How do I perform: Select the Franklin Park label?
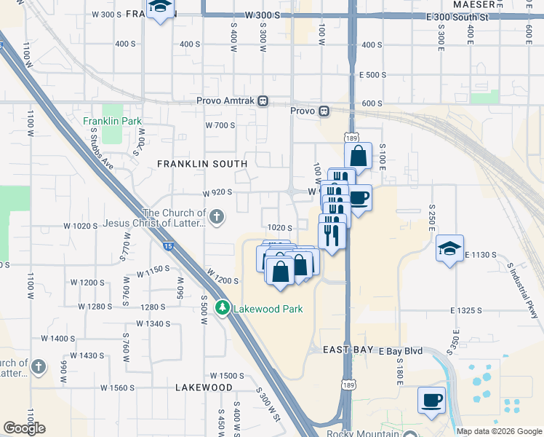pos(112,121)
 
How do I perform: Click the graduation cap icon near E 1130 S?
pos(450,248)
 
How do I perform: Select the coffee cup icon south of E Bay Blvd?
pos(432,400)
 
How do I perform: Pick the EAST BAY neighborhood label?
pos(348,350)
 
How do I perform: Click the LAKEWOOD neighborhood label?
pos(204,387)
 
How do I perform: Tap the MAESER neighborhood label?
pos(473,4)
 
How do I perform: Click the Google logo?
pos(24,428)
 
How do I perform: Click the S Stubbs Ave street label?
pos(103,151)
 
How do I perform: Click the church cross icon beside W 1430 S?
pos(39,366)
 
